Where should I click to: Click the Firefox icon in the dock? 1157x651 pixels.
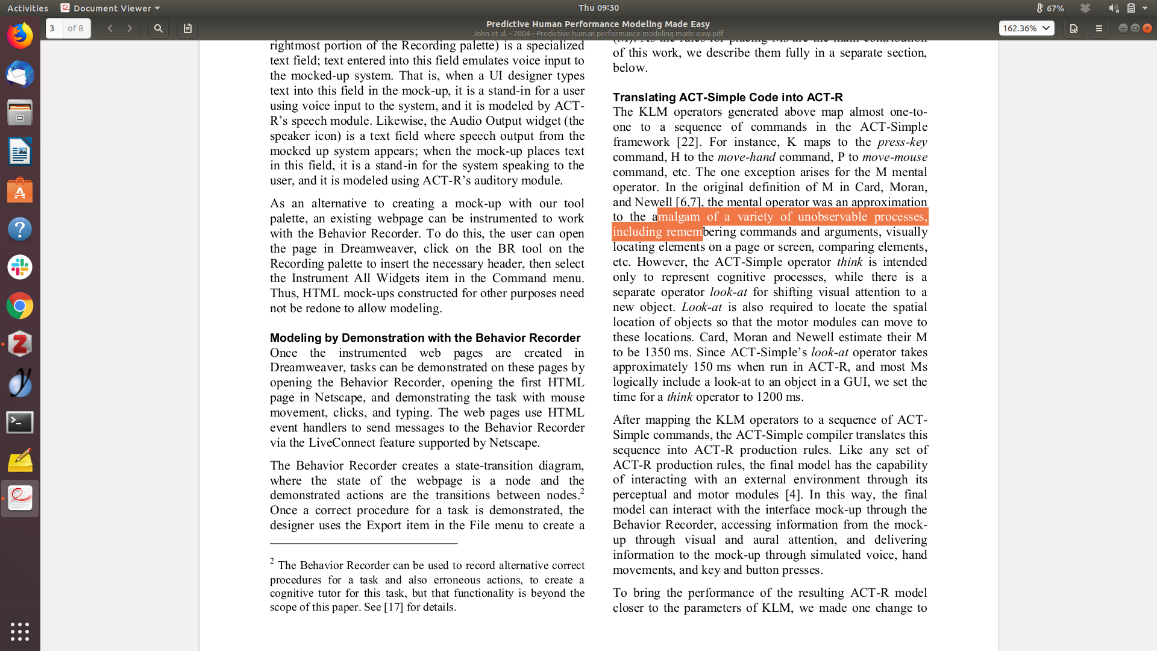click(x=20, y=36)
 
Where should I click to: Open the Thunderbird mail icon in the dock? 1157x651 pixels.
click(x=20, y=75)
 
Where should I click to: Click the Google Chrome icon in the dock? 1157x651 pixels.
click(x=20, y=306)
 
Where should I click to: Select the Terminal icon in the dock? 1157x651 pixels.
click(x=20, y=423)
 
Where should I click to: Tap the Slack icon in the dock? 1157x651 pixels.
click(x=20, y=267)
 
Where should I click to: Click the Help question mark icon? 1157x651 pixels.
click(x=20, y=229)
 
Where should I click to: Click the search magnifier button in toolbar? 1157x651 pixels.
click(x=158, y=28)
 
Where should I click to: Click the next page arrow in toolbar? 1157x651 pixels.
click(x=130, y=28)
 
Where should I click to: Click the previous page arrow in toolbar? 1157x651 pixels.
click(x=110, y=28)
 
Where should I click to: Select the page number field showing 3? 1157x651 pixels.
click(x=53, y=28)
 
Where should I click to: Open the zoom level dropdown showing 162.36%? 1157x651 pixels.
click(x=1026, y=28)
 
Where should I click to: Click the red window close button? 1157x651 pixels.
click(x=1147, y=28)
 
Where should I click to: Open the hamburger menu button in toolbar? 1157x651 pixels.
click(x=1099, y=28)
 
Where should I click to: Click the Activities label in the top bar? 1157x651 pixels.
click(x=28, y=8)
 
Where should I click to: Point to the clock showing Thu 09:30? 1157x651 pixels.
click(x=598, y=8)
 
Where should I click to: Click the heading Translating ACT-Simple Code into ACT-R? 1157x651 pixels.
click(x=727, y=98)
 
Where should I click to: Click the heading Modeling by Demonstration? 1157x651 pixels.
click(x=425, y=338)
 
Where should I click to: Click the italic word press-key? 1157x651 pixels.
click(x=902, y=142)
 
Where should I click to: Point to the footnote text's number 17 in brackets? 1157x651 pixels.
click(x=394, y=607)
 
